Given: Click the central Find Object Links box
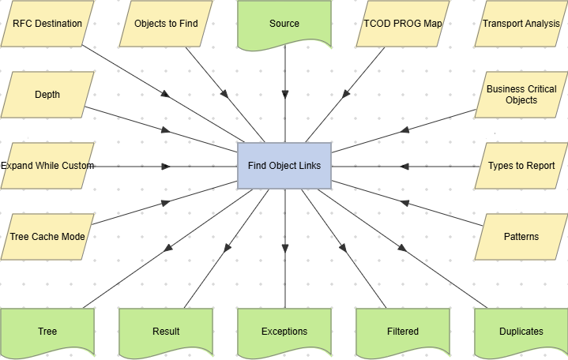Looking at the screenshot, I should click(x=284, y=166).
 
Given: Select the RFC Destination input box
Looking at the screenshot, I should click(x=47, y=24).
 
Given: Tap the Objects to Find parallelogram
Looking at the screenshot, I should click(x=166, y=24).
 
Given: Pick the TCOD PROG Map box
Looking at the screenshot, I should click(x=403, y=24).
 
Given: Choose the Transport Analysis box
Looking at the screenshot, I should click(x=521, y=24).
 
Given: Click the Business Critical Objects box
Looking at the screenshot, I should click(x=521, y=95).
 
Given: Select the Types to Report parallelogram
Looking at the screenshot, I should click(x=521, y=166).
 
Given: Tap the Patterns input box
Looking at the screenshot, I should click(x=521, y=236).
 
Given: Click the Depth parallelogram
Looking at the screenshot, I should click(x=47, y=95).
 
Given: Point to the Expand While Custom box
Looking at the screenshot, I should click(x=47, y=166).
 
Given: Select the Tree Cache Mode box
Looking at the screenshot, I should click(x=47, y=236).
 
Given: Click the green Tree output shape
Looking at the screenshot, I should click(x=47, y=331).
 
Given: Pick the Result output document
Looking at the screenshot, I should click(x=166, y=331).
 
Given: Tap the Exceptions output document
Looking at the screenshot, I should click(x=284, y=331).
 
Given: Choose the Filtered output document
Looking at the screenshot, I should click(x=403, y=331).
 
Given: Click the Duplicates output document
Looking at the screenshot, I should click(x=521, y=331).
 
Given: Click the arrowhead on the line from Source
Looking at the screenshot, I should click(x=284, y=94).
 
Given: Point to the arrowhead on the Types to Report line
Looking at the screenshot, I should click(x=404, y=167).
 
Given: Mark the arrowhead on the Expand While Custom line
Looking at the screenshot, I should click(x=166, y=167).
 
